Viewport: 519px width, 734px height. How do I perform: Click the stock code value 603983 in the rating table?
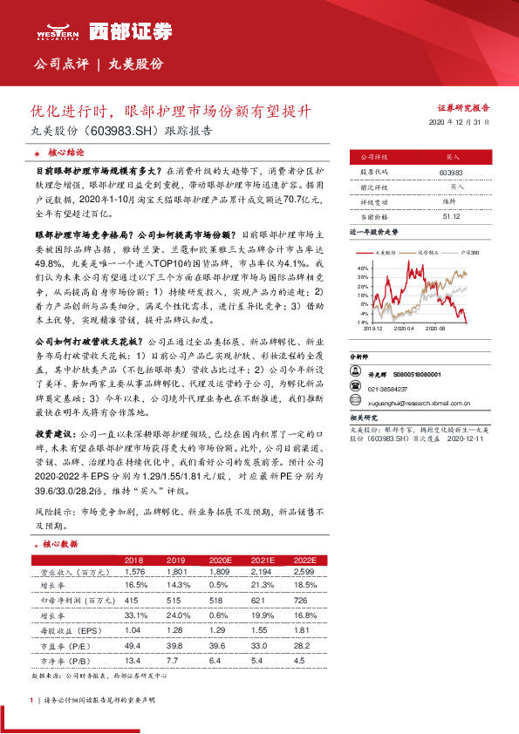point(451,173)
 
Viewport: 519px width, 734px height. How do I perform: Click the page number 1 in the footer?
point(31,700)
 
